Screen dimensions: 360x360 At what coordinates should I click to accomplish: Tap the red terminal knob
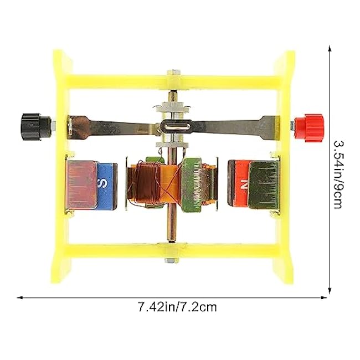tap(309, 128)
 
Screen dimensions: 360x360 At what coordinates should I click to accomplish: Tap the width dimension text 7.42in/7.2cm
tap(177, 307)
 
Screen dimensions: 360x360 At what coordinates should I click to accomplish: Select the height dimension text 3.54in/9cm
tap(338, 174)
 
